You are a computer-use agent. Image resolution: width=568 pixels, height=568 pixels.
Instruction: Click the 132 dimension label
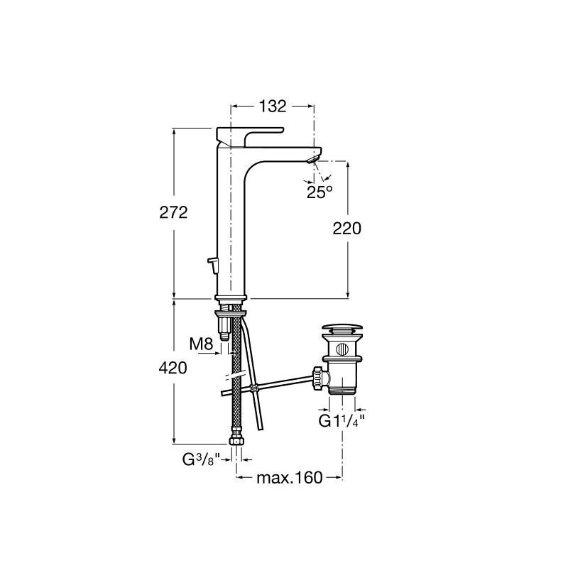click(273, 106)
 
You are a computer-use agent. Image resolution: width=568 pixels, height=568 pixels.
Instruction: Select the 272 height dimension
click(173, 212)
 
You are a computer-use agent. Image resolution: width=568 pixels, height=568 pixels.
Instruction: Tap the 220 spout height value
click(347, 229)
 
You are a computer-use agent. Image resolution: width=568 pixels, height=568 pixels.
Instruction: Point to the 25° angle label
click(319, 192)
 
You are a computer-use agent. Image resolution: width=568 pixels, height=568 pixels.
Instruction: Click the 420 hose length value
click(173, 368)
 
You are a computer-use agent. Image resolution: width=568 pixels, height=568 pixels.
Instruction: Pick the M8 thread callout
click(202, 344)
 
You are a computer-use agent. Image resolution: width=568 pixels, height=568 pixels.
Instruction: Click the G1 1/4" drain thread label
click(342, 421)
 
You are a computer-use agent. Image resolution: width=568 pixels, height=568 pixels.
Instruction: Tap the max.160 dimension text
click(290, 478)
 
